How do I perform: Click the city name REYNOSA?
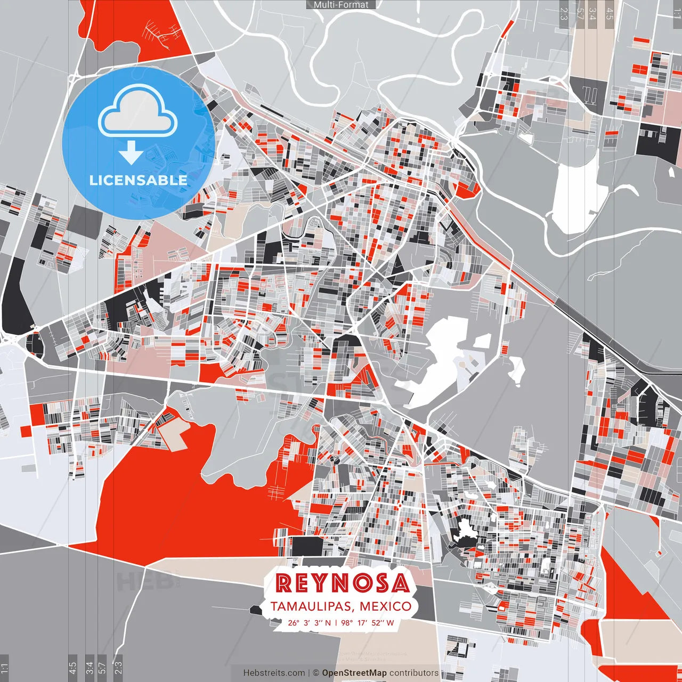pyautogui.click(x=343, y=583)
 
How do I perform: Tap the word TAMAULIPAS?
pyautogui.click(x=312, y=606)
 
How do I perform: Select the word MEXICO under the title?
pyautogui.click(x=385, y=606)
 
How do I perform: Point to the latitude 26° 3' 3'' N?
pyautogui.click(x=309, y=622)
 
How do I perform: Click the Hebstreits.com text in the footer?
pyautogui.click(x=274, y=673)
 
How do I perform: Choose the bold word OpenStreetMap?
pyautogui.click(x=354, y=673)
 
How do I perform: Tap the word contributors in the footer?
pyautogui.click(x=414, y=673)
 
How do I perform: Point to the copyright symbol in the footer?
pyautogui.click(x=315, y=673)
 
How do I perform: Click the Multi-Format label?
pyautogui.click(x=341, y=4)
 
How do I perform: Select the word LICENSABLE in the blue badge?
pyautogui.click(x=138, y=180)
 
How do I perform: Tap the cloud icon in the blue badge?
pyautogui.click(x=138, y=112)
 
